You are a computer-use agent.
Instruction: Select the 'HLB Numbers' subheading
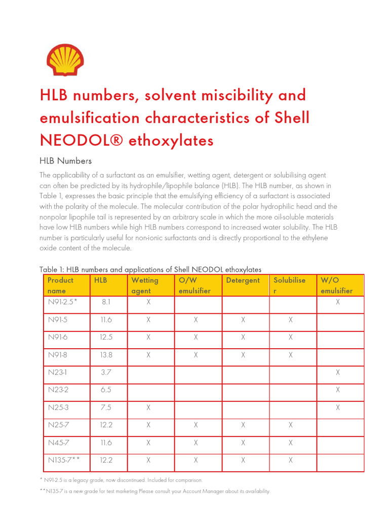tap(65, 161)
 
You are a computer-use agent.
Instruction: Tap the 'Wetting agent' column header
tap(145, 285)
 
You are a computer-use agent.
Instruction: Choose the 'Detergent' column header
tap(243, 280)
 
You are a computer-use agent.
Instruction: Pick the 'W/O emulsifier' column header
tap(336, 285)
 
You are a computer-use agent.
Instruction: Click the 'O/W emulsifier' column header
tap(194, 285)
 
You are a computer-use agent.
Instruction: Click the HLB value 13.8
tap(106, 355)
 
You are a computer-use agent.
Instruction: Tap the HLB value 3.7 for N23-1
tap(106, 373)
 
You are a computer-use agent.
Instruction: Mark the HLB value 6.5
tap(106, 390)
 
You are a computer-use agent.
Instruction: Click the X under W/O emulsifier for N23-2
tap(338, 390)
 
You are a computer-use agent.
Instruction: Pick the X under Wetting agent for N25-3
tap(148, 407)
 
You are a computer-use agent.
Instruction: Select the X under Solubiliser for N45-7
tap(290, 442)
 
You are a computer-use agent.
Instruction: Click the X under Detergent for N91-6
tap(243, 337)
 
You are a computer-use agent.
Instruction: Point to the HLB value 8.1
tap(106, 302)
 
